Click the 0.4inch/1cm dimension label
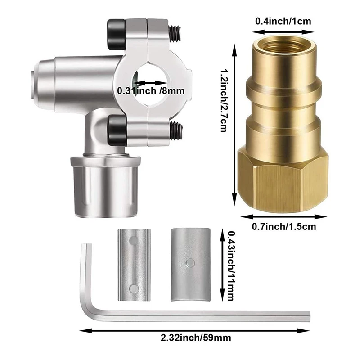(x=283, y=21)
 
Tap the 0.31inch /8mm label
(x=151, y=91)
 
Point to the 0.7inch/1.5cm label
(x=284, y=227)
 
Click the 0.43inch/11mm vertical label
(x=230, y=265)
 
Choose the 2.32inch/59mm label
(x=196, y=338)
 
